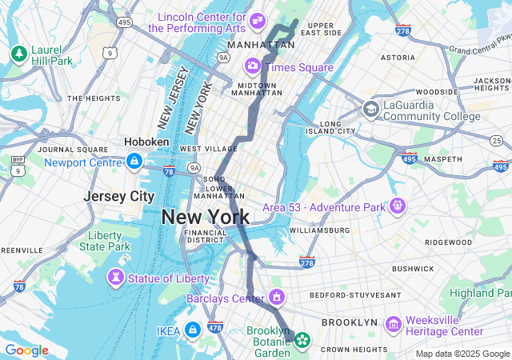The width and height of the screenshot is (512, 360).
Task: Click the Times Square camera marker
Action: click(x=253, y=66)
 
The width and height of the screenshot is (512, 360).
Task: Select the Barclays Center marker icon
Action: click(x=277, y=298)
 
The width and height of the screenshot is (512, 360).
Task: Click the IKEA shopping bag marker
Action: click(x=192, y=329)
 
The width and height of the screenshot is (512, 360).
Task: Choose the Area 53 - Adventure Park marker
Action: click(x=397, y=206)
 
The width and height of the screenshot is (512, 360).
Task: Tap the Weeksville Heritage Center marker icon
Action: click(x=393, y=325)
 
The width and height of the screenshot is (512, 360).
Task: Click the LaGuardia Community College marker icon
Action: click(x=370, y=109)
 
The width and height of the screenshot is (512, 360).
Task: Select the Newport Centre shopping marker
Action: click(x=134, y=162)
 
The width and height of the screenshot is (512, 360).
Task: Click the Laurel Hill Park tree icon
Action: click(x=18, y=54)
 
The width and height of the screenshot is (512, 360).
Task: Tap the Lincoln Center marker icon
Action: click(x=258, y=20)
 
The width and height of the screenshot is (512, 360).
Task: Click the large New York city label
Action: click(x=205, y=217)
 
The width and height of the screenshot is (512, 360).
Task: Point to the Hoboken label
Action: click(x=146, y=142)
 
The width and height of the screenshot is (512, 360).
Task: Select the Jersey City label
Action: click(x=119, y=196)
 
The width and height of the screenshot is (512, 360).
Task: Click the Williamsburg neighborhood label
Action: click(x=319, y=230)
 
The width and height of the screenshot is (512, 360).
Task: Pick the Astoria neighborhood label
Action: click(x=398, y=58)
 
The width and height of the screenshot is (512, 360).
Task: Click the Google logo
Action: click(x=26, y=350)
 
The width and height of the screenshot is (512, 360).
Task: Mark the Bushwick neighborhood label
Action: click(x=412, y=269)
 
